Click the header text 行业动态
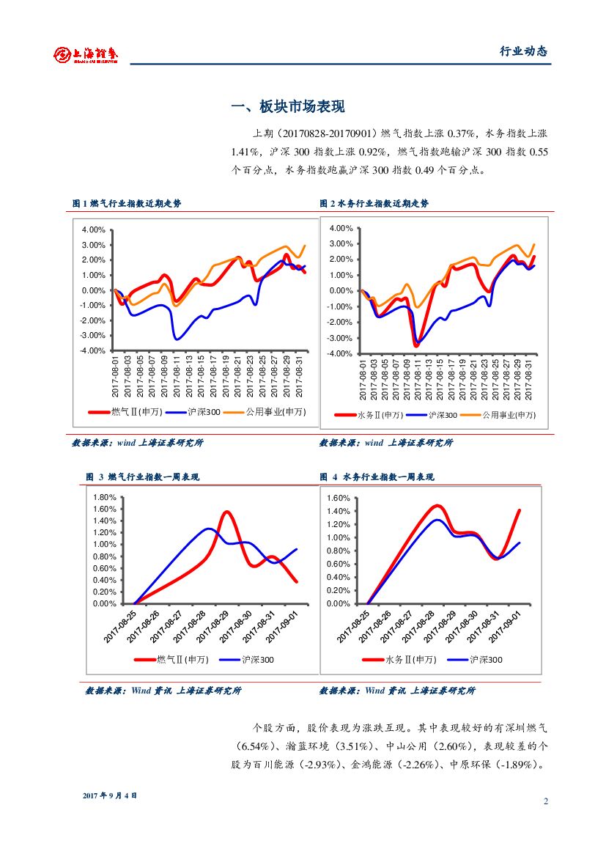523,51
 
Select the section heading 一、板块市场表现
287,107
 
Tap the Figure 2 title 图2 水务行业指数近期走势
374,203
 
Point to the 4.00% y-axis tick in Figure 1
94,229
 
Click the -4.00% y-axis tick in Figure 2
341,353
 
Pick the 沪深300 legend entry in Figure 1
204,413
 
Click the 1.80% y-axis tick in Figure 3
106,497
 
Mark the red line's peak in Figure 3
227,512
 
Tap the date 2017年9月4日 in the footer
111,796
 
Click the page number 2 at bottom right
546,801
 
